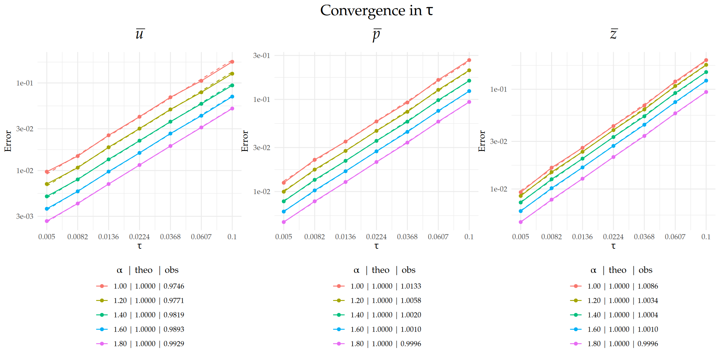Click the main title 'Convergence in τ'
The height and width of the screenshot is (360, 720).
[376, 11]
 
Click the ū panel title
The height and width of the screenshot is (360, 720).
[139, 34]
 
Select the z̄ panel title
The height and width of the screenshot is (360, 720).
[613, 34]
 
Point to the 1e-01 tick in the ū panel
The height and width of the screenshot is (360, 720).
[25, 83]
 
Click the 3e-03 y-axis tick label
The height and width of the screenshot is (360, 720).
[25, 216]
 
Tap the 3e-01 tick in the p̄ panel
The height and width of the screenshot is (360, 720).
[262, 56]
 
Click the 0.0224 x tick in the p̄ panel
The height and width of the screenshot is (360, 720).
[376, 237]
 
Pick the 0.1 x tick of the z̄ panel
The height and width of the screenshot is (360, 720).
[706, 237]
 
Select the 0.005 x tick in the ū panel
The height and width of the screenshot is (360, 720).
[47, 237]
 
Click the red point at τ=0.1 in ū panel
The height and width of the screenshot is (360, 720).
[232, 62]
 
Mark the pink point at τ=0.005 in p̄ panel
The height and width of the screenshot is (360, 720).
[284, 222]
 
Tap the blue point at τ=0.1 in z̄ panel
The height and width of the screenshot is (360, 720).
[706, 81]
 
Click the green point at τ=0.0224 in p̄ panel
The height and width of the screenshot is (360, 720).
[377, 141]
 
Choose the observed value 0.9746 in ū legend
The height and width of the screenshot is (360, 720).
[174, 286]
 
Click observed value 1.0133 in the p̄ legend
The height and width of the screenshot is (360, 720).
[411, 286]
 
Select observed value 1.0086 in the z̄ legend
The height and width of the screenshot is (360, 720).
[647, 286]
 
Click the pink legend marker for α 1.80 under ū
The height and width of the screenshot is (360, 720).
[102, 344]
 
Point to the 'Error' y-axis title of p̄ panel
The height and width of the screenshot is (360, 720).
[245, 141]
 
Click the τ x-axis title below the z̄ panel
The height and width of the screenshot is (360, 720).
[613, 246]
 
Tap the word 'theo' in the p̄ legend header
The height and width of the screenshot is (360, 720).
[380, 270]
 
